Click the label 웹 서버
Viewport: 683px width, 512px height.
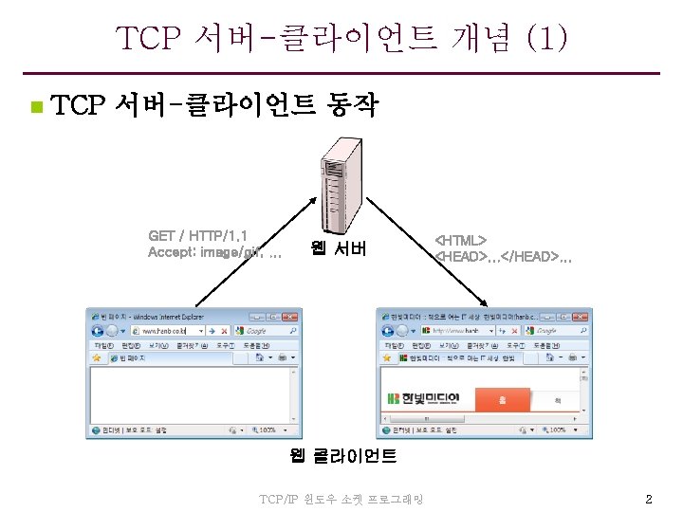(339, 250)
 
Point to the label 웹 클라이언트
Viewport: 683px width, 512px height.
(342, 456)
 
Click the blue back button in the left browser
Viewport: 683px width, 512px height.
(97, 331)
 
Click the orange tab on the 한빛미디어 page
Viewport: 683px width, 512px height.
(502, 399)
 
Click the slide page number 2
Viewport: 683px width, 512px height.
(649, 499)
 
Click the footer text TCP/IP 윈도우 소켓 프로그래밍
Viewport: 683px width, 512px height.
(341, 499)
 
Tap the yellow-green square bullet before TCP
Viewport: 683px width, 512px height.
(34, 106)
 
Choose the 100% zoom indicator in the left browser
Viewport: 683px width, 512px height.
(264, 430)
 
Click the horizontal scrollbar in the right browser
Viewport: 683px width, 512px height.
(479, 417)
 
